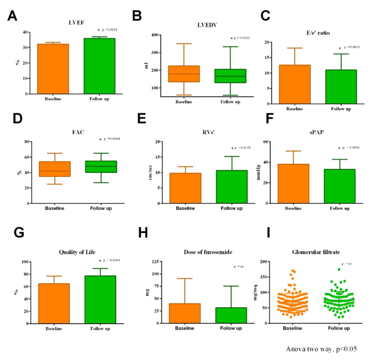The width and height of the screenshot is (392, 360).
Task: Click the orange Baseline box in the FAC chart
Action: click(54, 169)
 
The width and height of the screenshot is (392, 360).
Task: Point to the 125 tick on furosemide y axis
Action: click(155, 262)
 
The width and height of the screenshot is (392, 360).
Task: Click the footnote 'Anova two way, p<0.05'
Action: click(321, 347)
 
